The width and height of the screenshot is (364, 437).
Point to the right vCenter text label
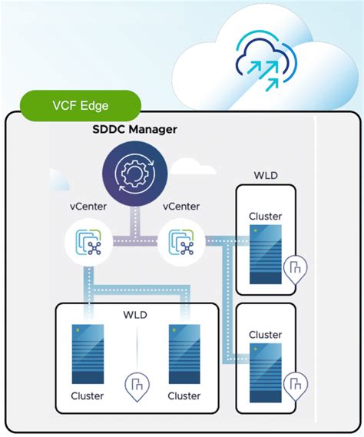(180, 207)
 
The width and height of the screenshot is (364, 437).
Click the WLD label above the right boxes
(265, 175)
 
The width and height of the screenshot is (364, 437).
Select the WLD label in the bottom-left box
(136, 316)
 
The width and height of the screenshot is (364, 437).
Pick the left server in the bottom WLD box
(87, 354)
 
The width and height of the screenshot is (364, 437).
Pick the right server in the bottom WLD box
(184, 354)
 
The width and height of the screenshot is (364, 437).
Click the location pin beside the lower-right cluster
(295, 383)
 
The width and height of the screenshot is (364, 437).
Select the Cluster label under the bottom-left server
(87, 396)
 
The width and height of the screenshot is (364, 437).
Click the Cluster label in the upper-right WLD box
(265, 217)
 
